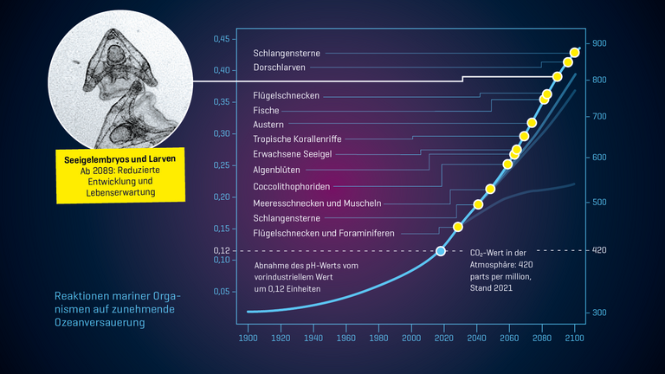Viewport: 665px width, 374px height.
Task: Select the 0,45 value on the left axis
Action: (222, 39)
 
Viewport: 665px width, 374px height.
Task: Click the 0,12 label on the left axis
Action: (222, 250)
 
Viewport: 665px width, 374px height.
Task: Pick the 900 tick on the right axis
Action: (599, 43)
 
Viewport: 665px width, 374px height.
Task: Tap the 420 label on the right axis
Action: (599, 250)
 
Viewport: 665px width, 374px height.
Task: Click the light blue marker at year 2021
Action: (441, 251)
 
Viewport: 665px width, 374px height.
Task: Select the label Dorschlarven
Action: (279, 68)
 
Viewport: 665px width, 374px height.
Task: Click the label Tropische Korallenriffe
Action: (297, 139)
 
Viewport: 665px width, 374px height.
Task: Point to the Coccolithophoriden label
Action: (292, 186)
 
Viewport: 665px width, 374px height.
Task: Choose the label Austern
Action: (268, 124)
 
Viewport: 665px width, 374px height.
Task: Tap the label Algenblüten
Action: (276, 170)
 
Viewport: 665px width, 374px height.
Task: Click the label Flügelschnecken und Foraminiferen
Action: (323, 234)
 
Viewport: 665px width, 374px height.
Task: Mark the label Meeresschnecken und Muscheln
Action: (317, 203)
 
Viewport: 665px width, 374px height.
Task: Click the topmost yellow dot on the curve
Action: (575, 53)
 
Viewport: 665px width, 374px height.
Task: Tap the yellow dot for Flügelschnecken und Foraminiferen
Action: (458, 227)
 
